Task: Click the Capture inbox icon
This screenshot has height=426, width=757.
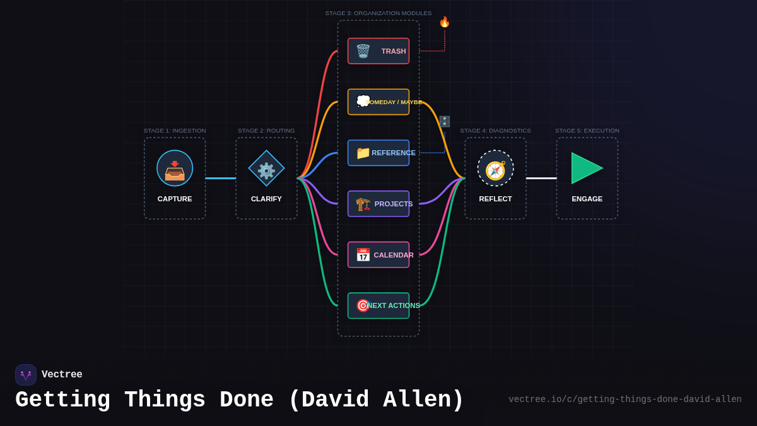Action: click(175, 169)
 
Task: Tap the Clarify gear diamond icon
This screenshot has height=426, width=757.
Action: click(266, 169)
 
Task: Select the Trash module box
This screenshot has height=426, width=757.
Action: click(378, 51)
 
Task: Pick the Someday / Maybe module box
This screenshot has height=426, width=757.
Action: click(378, 102)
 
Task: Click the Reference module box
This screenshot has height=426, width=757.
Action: click(378, 153)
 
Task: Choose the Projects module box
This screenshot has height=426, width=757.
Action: click(378, 204)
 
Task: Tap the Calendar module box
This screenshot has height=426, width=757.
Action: click(378, 255)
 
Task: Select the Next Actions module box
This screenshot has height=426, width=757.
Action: click(378, 305)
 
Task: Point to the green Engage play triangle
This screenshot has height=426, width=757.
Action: click(585, 169)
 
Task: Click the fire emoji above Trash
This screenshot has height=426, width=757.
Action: click(445, 22)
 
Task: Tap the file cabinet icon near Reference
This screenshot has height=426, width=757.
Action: click(445, 121)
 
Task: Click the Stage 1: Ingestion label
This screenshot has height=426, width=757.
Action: click(175, 131)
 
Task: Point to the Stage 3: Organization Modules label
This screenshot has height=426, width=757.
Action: click(378, 13)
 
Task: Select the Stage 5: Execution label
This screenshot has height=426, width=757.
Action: click(587, 131)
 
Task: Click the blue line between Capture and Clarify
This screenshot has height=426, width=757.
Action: click(221, 178)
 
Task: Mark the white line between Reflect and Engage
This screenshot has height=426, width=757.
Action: click(541, 178)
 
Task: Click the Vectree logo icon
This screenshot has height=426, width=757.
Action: click(26, 375)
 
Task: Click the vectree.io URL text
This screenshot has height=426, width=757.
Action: click(625, 399)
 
